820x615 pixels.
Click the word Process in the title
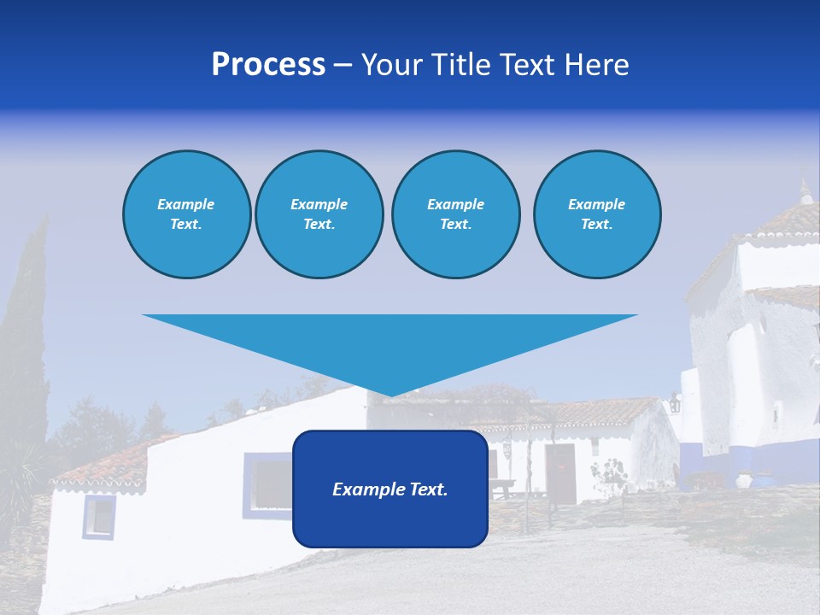[268, 65]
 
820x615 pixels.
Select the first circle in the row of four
[186, 214]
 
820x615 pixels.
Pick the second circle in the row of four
[319, 214]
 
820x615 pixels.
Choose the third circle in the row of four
[455, 214]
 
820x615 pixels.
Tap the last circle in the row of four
[596, 214]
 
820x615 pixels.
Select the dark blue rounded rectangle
[390, 521]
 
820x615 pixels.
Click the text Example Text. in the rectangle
[390, 489]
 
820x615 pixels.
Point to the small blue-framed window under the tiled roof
[99, 517]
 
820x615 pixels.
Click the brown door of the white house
[561, 473]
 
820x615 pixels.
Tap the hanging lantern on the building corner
[675, 402]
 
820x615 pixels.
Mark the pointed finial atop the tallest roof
[804, 190]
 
